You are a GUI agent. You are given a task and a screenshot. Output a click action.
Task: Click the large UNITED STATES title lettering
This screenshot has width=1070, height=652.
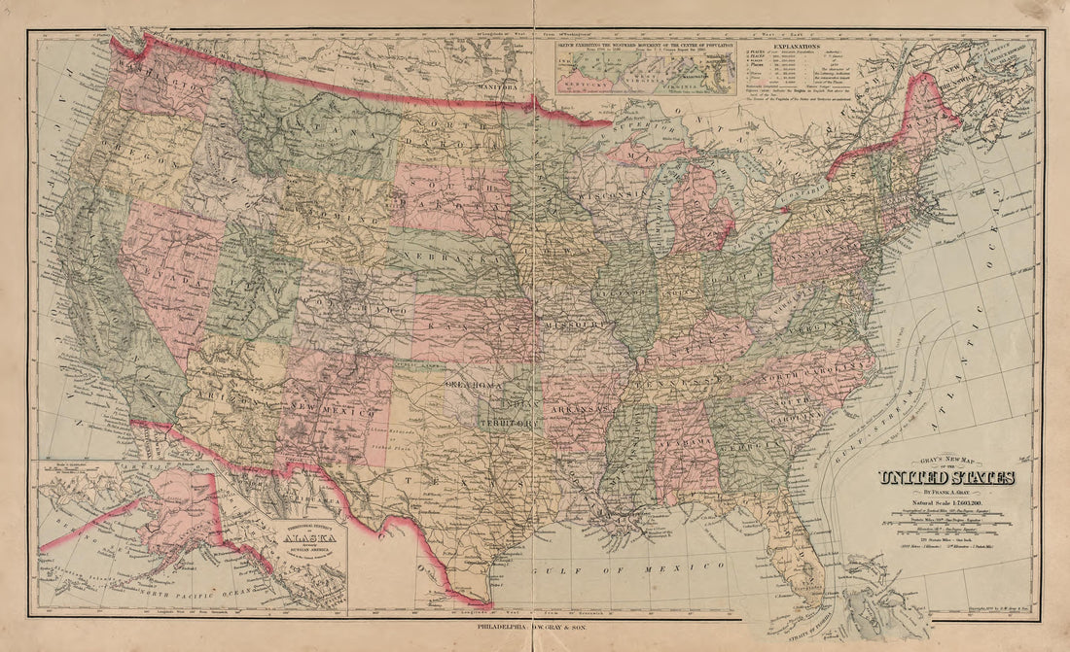coord(945,477)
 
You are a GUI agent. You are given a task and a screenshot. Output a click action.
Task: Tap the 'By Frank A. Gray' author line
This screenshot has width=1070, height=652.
coord(945,493)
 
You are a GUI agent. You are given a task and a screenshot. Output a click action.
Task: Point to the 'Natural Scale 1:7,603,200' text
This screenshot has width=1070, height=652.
coord(945,504)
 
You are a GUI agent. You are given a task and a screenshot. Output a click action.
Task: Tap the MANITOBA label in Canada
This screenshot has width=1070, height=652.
coord(498,86)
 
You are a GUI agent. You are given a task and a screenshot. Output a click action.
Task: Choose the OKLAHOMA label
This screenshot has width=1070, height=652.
coord(473,386)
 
